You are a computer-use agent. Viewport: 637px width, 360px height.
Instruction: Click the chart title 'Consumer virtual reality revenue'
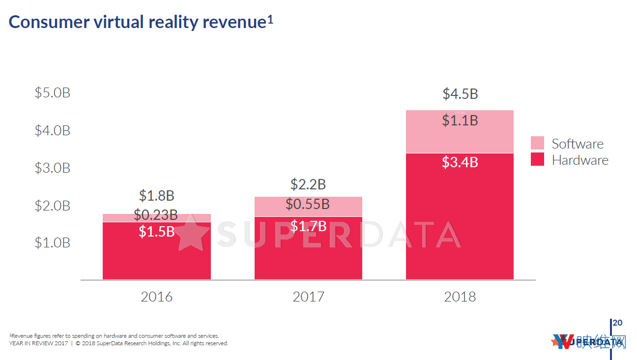point(138,22)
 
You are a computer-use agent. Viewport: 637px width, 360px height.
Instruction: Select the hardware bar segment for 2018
point(460,221)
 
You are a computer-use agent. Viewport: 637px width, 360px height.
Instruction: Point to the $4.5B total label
point(460,94)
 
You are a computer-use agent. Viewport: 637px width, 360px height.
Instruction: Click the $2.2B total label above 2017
point(308,184)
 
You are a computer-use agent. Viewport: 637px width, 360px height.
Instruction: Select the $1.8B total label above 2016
point(156,196)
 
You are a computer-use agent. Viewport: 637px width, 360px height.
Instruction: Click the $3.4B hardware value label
point(460,162)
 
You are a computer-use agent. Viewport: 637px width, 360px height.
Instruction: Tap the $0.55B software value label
point(308,204)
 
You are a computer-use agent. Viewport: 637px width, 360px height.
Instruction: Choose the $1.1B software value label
point(460,120)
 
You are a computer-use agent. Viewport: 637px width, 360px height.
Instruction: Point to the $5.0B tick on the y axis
point(53,93)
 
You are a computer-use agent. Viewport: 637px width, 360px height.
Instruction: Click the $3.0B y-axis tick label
point(53,168)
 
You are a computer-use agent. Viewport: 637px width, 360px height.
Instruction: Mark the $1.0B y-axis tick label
point(53,243)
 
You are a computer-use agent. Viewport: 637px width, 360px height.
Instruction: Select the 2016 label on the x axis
point(156,297)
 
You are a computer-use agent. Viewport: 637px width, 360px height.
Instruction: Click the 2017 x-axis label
point(308,297)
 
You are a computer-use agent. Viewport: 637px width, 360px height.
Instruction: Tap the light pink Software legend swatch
point(537,143)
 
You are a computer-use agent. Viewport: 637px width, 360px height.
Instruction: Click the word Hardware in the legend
point(580,160)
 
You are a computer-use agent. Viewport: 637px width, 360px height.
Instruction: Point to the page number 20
point(618,323)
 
